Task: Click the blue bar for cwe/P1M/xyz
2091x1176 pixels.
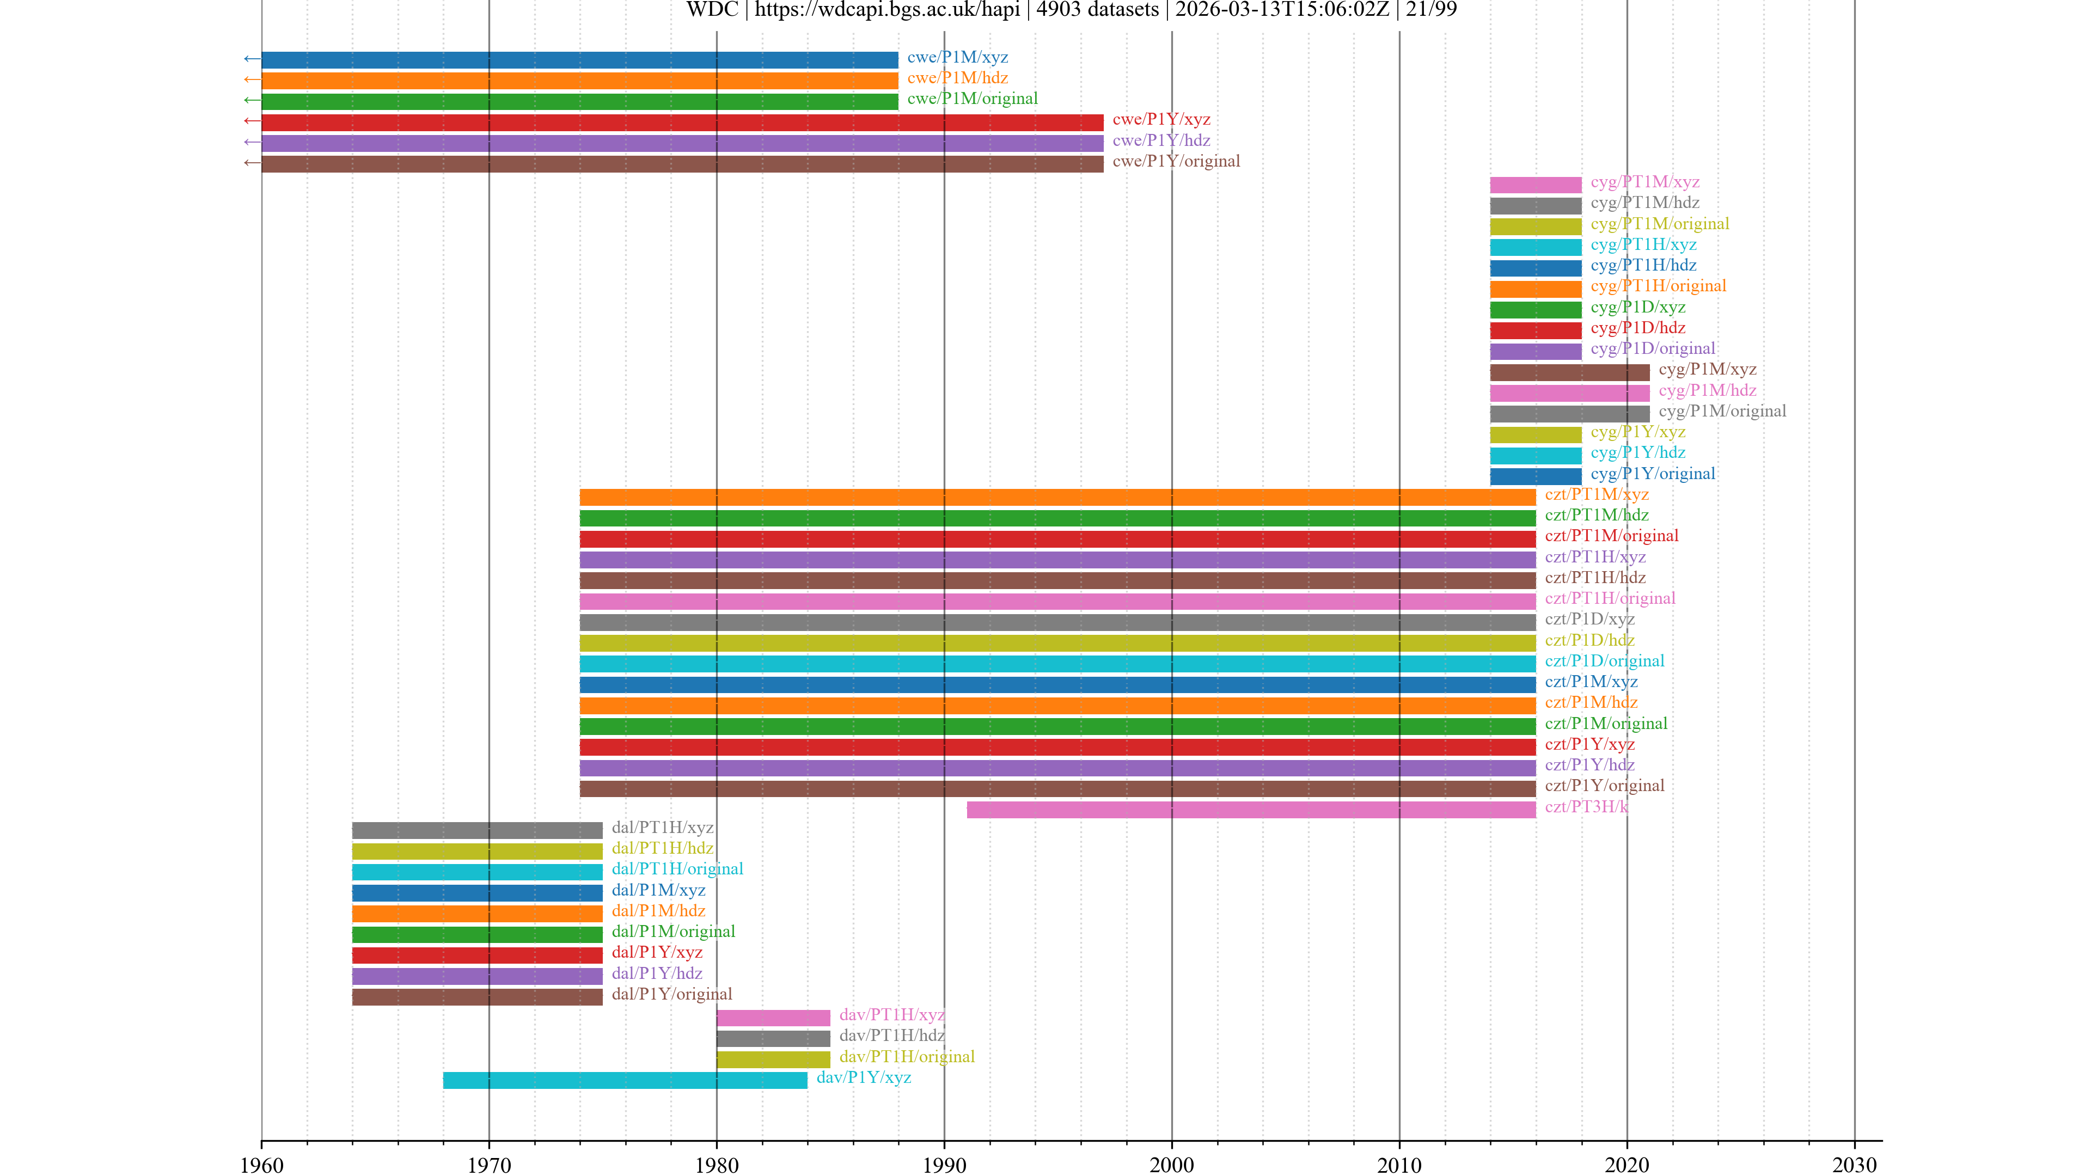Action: tap(579, 59)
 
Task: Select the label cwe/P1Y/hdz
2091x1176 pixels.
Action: tap(1161, 140)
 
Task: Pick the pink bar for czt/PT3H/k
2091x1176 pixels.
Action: tap(1251, 809)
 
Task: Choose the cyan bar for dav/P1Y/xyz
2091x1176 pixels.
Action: tap(625, 1080)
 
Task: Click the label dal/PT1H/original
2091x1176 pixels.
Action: tap(677, 869)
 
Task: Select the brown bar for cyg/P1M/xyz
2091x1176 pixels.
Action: tap(1569, 372)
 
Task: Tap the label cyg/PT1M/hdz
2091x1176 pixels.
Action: tap(1644, 203)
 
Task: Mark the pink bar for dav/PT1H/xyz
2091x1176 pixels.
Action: tap(773, 1017)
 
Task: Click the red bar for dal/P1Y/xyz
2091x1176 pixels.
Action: tap(478, 955)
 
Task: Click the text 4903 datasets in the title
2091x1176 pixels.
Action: tap(1097, 10)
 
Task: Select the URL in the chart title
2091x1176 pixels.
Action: tap(887, 10)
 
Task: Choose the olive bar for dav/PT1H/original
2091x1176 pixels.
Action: tap(773, 1059)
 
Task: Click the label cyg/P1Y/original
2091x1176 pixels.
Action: tap(1653, 474)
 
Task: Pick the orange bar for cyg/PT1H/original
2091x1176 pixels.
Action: tap(1535, 289)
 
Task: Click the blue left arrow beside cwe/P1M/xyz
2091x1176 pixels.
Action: tap(252, 58)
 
